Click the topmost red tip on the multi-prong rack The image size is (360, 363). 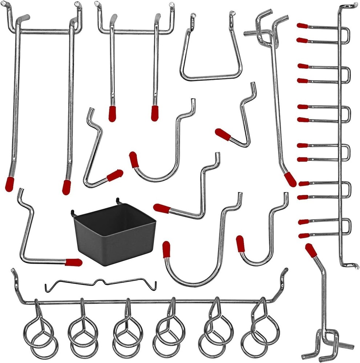302,26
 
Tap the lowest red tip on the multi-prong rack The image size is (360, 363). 304,236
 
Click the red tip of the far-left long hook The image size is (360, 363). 9,184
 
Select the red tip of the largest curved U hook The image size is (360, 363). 166,250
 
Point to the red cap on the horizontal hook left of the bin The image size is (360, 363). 73,262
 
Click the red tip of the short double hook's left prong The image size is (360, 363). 112,113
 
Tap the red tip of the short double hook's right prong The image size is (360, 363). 155,113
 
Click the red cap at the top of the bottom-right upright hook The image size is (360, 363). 311,250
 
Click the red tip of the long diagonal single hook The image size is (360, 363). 290,179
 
